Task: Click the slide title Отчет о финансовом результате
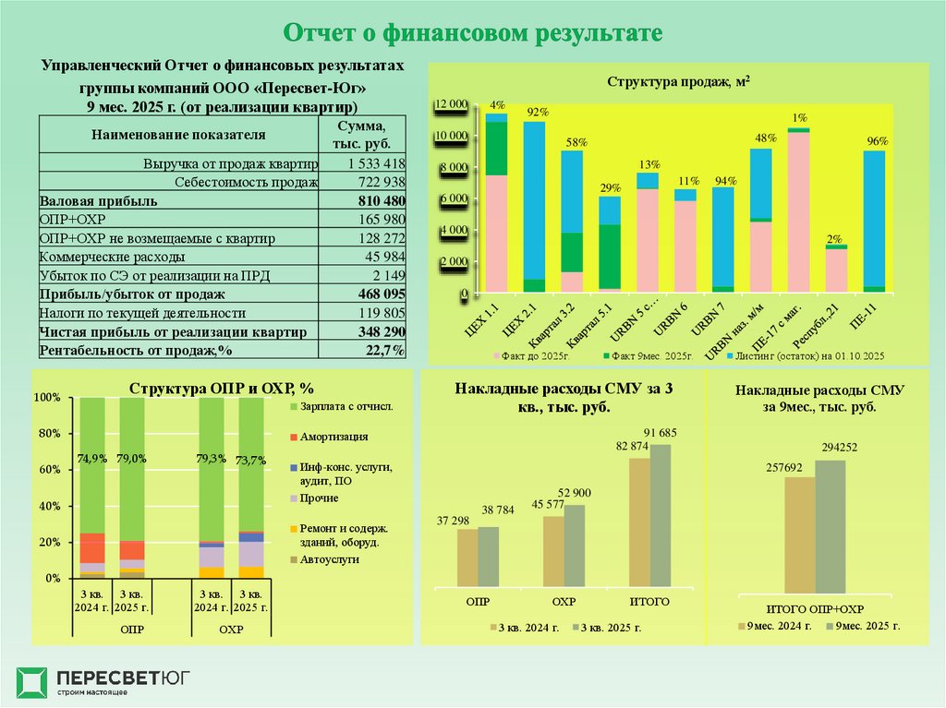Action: [x=473, y=33]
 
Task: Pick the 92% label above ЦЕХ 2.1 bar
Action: [x=538, y=113]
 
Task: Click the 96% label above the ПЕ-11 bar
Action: [x=878, y=141]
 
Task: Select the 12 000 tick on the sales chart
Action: [x=452, y=104]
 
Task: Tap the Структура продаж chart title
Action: [x=677, y=82]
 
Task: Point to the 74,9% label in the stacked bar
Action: [x=91, y=458]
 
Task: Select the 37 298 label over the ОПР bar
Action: [x=455, y=520]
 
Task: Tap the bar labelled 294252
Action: [x=830, y=526]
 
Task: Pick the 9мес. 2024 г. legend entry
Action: [x=779, y=626]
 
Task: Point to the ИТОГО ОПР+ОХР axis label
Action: [x=815, y=610]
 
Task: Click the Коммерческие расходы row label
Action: [x=112, y=257]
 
